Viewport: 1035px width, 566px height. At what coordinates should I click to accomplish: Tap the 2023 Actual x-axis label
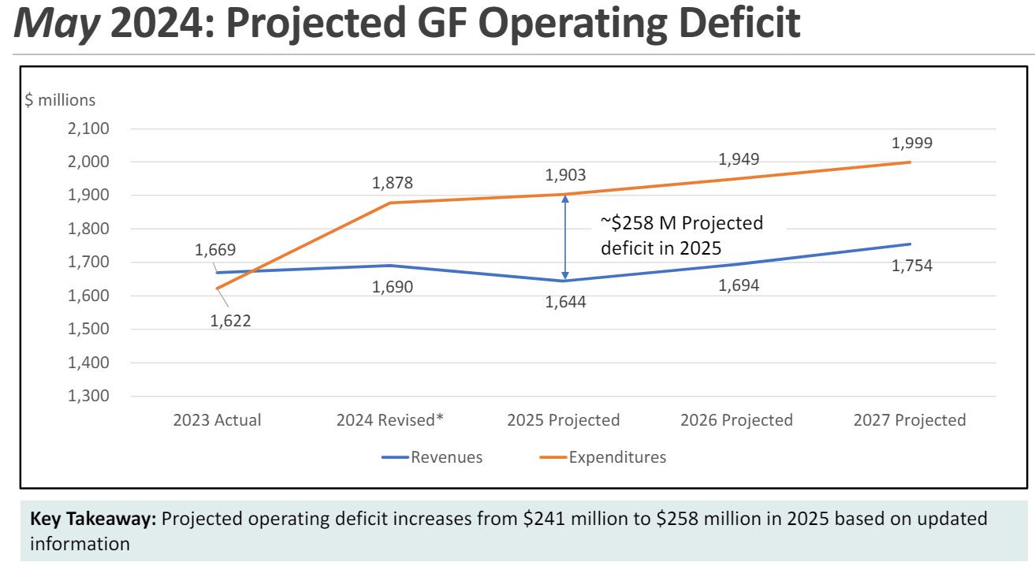217,419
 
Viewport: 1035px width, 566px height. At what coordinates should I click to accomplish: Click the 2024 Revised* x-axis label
390,419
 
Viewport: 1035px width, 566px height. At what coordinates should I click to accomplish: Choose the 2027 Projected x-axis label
909,419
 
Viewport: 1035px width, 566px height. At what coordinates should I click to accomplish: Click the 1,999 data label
911,143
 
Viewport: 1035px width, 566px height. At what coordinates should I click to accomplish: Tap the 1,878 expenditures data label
392,183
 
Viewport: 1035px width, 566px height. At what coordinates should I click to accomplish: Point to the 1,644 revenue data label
565,301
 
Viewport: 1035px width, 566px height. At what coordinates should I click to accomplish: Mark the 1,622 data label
230,320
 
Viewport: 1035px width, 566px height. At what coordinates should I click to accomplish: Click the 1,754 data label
911,266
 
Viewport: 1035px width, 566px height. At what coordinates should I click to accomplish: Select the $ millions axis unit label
61,100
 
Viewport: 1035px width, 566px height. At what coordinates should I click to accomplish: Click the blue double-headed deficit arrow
564,237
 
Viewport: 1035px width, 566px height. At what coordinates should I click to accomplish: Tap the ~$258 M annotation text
681,235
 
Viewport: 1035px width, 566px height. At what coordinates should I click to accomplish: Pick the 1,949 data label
739,159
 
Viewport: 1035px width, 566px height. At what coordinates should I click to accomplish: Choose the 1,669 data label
215,250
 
